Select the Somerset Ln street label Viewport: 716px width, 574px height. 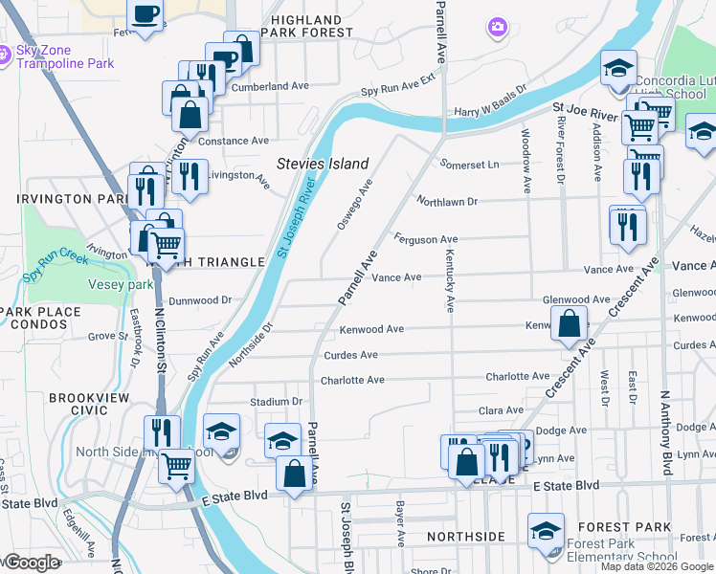click(x=469, y=164)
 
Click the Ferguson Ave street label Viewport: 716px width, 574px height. click(x=426, y=238)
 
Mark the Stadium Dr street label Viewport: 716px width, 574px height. click(x=277, y=402)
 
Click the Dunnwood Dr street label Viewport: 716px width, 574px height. click(x=201, y=299)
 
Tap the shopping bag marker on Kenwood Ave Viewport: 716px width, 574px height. click(x=570, y=322)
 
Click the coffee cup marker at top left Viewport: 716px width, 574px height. click(x=145, y=15)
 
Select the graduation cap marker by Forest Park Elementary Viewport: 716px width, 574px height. click(x=547, y=532)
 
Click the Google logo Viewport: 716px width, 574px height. click(x=31, y=563)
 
